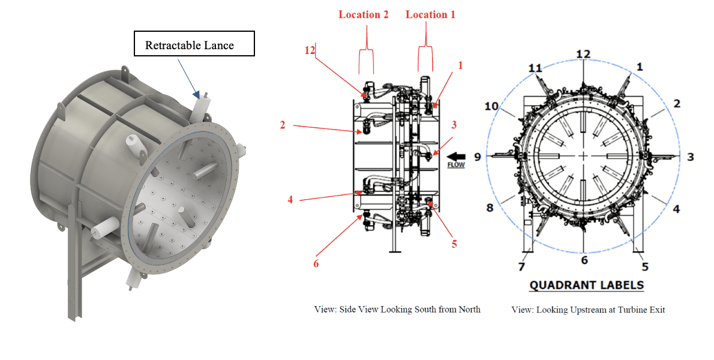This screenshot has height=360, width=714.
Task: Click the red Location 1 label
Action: pyautogui.click(x=430, y=14)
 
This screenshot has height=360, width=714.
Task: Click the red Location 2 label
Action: pyautogui.click(x=363, y=14)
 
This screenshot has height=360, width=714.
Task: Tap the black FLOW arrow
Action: pyautogui.click(x=456, y=154)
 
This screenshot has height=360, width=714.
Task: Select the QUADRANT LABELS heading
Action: pyautogui.click(x=586, y=285)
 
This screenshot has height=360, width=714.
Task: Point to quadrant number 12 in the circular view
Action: pyautogui.click(x=583, y=55)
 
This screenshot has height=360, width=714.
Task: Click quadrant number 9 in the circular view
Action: pyautogui.click(x=478, y=157)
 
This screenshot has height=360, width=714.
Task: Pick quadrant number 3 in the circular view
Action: pyautogui.click(x=690, y=157)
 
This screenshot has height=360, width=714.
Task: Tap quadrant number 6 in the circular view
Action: pyautogui.click(x=584, y=260)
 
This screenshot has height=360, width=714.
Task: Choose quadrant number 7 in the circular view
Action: pyautogui.click(x=521, y=265)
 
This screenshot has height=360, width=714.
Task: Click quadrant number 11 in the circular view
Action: pyautogui.click(x=535, y=68)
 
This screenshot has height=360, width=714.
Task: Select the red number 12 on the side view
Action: pyautogui.click(x=310, y=51)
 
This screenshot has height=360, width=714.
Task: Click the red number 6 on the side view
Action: pyautogui.click(x=315, y=263)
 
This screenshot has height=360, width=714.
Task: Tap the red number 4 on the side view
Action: pyautogui.click(x=290, y=199)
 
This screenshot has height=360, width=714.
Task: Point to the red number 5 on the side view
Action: pyautogui.click(x=454, y=244)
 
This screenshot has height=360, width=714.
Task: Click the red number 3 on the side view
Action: pyautogui.click(x=454, y=125)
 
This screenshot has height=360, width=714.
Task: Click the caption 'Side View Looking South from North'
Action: pyautogui.click(x=397, y=310)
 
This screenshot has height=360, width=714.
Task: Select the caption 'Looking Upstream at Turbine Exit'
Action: pyautogui.click(x=588, y=310)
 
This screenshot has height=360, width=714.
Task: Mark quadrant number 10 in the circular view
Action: pyautogui.click(x=491, y=106)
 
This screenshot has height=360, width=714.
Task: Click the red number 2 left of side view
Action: pyautogui.click(x=281, y=125)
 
